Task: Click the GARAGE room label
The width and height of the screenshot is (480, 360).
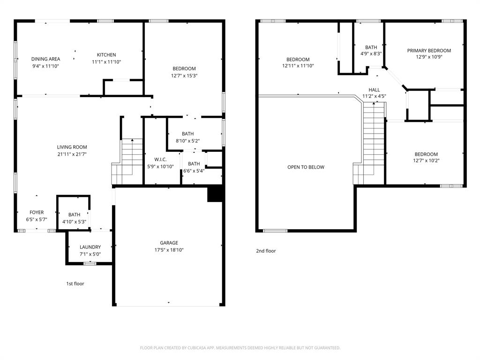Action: coord(169,243)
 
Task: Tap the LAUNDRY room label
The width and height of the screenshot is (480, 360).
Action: coord(90,247)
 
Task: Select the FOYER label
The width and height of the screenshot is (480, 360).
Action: coord(37,212)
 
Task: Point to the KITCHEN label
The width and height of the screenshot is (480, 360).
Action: coord(106,55)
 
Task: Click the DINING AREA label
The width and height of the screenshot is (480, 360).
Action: coord(45,59)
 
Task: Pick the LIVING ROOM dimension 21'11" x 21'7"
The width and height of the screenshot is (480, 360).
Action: coord(72,154)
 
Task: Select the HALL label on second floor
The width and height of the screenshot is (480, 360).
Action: coord(374,90)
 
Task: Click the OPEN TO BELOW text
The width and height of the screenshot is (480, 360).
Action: coord(306,167)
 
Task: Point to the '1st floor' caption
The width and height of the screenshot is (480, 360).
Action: coord(75,284)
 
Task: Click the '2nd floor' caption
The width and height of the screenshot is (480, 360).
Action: coord(266,251)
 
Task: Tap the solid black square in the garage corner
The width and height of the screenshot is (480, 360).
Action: coord(214,194)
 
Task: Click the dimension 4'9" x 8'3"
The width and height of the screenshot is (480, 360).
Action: coord(371,53)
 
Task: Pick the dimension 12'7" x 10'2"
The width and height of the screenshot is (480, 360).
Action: coord(426,161)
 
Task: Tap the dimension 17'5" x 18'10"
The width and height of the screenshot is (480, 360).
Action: coord(169,250)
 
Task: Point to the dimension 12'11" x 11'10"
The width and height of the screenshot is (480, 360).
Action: coord(298,66)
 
